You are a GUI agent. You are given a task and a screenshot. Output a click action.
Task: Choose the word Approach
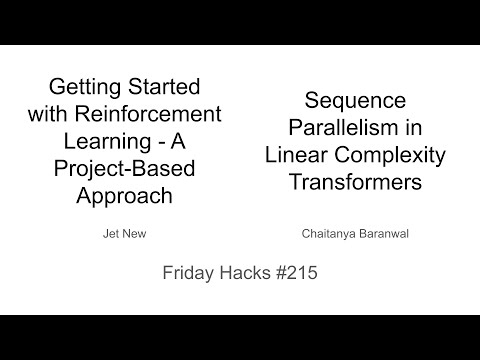125,195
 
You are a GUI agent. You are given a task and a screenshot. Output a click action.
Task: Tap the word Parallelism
334,128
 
